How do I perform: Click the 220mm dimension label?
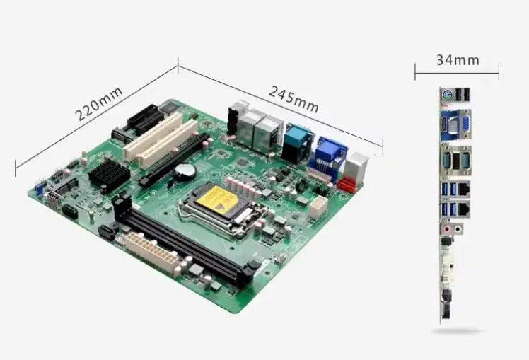[x=99, y=103]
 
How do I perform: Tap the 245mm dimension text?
[x=293, y=100]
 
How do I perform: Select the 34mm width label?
[x=458, y=60]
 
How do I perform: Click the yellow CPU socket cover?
[x=218, y=199]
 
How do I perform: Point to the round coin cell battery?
[x=185, y=171]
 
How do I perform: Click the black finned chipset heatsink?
[x=109, y=175]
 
